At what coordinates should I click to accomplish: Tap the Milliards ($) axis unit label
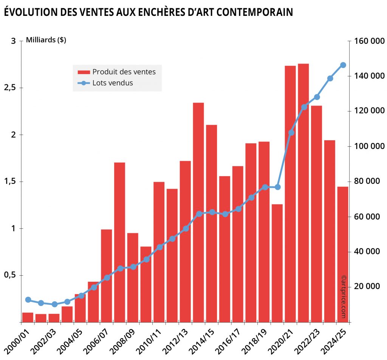(x=46, y=40)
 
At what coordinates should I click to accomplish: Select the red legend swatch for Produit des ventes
(x=84, y=72)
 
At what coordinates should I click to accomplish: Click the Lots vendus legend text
(x=113, y=83)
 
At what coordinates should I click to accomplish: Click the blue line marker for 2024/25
(x=343, y=65)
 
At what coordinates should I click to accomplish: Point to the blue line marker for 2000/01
(x=28, y=300)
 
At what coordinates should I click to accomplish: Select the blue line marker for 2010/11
(x=159, y=247)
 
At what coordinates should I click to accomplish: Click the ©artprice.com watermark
(x=343, y=296)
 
